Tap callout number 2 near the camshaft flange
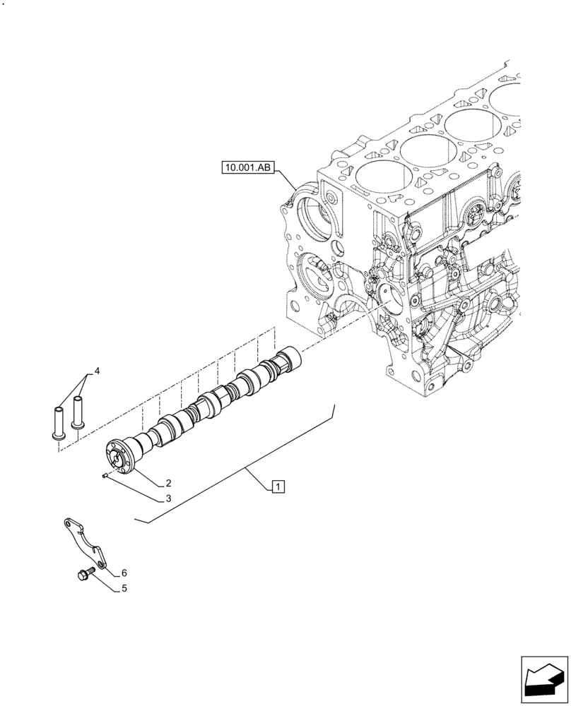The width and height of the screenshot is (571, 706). point(169,484)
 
